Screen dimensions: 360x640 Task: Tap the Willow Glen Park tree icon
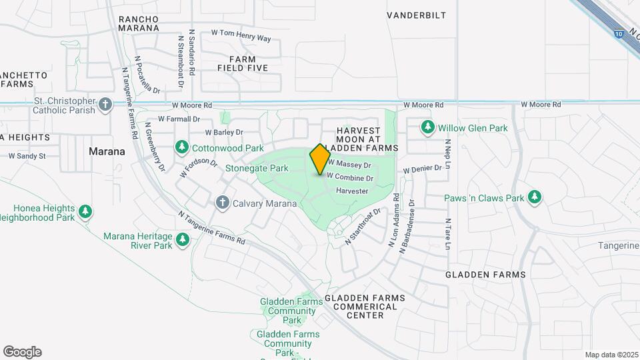[x=427, y=127]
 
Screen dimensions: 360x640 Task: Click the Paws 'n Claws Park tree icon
[x=533, y=197]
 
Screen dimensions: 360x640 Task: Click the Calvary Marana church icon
[x=223, y=202]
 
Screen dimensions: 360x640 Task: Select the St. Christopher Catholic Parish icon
[x=105, y=105]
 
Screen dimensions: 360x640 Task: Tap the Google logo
[x=22, y=352]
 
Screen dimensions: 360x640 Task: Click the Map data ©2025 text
[x=611, y=355]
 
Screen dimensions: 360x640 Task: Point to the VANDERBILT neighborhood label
[x=417, y=15]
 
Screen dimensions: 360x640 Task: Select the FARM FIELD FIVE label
[x=243, y=63]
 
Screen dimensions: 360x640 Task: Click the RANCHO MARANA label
[x=139, y=23]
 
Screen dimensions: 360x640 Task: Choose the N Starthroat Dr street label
[x=362, y=227]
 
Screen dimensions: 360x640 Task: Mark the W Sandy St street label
[x=27, y=156]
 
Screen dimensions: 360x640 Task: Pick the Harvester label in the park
[x=352, y=191]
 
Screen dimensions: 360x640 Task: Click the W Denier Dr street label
[x=422, y=169]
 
